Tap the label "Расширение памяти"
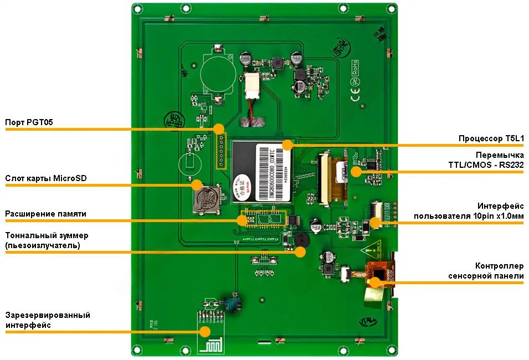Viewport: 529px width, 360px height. (45, 214)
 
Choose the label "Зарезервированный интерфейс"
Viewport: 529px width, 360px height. (48, 320)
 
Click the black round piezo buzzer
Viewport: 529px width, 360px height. (300, 241)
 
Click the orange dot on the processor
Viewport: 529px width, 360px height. (287, 145)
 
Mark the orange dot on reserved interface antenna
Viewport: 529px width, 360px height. (205, 332)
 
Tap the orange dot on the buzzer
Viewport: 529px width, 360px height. (300, 252)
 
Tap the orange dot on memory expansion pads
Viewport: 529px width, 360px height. (242, 220)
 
